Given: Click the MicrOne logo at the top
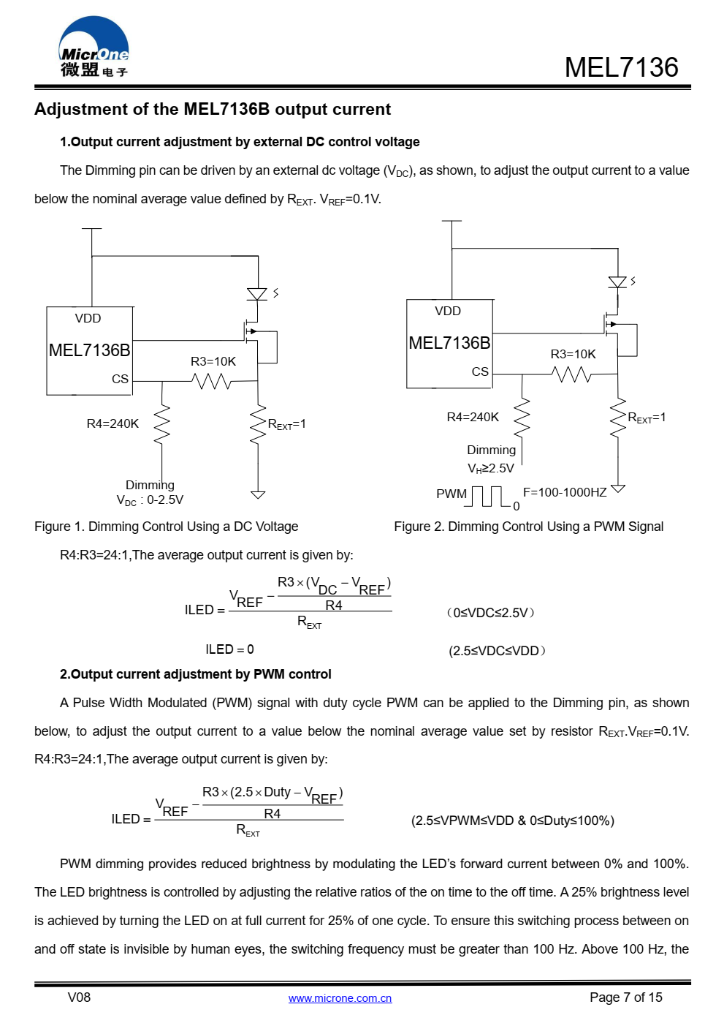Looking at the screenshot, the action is (94, 46).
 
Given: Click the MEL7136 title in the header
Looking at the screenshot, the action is (621, 67).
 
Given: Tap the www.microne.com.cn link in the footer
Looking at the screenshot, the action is (340, 998).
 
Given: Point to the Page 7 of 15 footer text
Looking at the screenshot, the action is (625, 997).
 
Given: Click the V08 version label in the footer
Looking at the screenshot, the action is (79, 997).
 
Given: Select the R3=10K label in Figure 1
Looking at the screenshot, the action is (213, 361).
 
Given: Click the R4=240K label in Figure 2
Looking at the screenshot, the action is (473, 417).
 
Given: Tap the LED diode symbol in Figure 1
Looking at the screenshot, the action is (257, 293).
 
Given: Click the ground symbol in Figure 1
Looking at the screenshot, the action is (258, 494).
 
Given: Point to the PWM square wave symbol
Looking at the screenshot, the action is (487, 497).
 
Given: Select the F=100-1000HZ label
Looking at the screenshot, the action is (565, 492).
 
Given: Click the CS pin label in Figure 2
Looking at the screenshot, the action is (480, 371).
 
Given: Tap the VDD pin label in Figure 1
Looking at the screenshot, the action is (88, 318).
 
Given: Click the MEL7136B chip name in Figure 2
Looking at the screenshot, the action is (449, 343).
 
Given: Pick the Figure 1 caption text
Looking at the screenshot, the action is (166, 527).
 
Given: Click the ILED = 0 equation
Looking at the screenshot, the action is (229, 649).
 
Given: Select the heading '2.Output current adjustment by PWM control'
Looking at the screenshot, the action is (195, 674).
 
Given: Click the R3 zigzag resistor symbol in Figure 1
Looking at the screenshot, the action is (211, 381).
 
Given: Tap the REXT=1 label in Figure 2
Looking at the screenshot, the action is (647, 418).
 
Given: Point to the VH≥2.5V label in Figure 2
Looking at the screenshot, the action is (491, 469).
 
